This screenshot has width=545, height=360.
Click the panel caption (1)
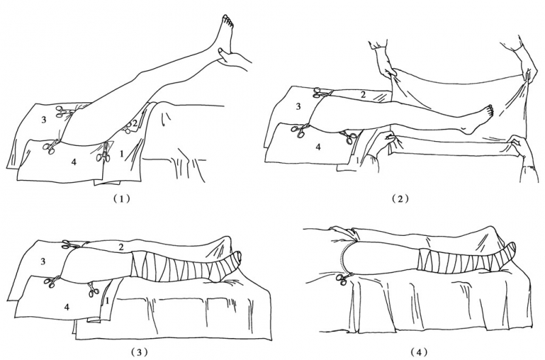coord(121,198)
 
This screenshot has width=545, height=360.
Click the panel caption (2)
coord(400,198)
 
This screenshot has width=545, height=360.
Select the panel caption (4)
coord(419,352)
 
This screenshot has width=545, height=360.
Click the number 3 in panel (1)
coord(44,121)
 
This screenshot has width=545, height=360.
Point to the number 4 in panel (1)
coord(74,162)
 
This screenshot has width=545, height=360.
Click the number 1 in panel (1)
coord(121,153)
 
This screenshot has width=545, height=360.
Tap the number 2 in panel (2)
coord(362,94)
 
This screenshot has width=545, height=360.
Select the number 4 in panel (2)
coord(317,147)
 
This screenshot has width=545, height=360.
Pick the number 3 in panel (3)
coord(43,261)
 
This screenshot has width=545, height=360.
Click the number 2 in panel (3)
coord(121,247)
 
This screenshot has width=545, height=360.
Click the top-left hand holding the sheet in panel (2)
coord(384,63)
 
